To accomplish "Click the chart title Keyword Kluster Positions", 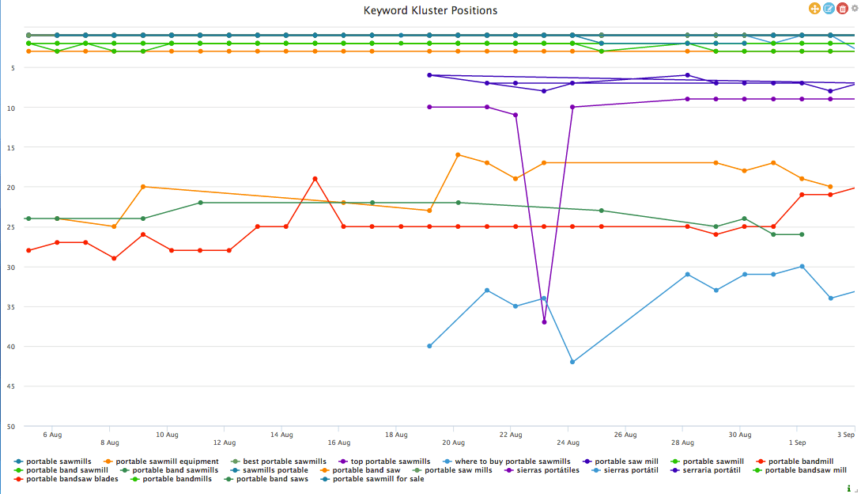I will [x=430, y=10].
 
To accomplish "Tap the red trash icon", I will [x=842, y=9].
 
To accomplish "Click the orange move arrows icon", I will [x=814, y=9].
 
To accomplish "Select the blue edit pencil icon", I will [x=829, y=9].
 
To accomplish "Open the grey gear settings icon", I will [x=854, y=9].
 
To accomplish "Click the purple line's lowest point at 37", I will [x=544, y=322].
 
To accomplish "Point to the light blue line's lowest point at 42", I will [x=572, y=362].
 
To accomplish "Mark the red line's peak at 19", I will [x=315, y=179].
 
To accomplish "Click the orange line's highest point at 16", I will [x=459, y=154].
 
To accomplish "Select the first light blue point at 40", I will [x=429, y=346].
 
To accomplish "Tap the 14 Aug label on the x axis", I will [x=281, y=435].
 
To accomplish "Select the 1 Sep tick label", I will [x=796, y=443].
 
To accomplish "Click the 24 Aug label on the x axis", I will [x=568, y=443].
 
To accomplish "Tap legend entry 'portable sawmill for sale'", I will [x=376, y=479].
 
